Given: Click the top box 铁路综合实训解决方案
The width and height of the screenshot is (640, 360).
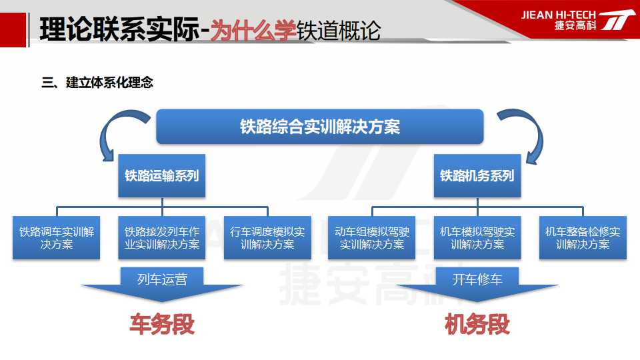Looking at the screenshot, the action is (319, 127).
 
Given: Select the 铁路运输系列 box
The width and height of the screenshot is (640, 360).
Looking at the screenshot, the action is (161, 175).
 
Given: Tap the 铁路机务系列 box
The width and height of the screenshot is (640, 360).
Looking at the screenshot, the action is (477, 175).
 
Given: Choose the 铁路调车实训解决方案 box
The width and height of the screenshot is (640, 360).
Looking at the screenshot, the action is (56, 237).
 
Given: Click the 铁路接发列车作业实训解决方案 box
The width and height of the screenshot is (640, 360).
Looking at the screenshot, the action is (161, 237).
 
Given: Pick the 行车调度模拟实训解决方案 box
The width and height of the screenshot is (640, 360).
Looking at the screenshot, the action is (267, 237).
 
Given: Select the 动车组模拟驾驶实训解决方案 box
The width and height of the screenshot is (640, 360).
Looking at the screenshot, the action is (372, 237).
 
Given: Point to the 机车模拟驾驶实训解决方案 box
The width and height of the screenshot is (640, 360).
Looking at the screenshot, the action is (477, 237).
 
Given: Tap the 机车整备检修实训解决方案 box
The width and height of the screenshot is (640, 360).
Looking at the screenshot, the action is (583, 237).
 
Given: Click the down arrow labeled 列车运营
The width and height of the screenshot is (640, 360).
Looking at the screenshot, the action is (162, 285).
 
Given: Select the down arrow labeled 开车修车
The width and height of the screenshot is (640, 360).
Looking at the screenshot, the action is (477, 285).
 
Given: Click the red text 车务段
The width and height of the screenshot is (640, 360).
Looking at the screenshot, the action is (162, 325).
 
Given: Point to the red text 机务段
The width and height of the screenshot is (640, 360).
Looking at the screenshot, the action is (477, 325).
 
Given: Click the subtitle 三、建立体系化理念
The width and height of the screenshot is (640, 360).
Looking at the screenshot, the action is (97, 83).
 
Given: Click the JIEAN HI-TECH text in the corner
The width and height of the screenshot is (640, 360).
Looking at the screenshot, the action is (559, 15).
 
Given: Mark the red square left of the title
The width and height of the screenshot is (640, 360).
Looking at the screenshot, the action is (13, 30).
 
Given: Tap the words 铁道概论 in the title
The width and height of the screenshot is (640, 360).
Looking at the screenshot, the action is (339, 30).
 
